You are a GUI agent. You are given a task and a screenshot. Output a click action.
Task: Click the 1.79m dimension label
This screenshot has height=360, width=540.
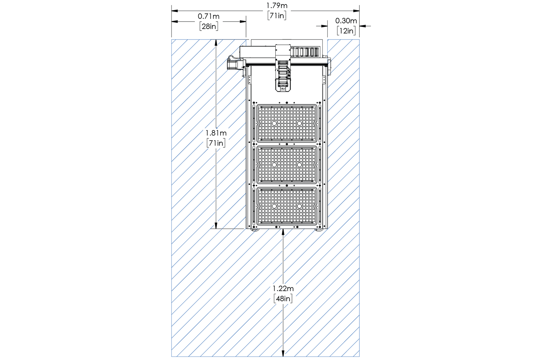277,6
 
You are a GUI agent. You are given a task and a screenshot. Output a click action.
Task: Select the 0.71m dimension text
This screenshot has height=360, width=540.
208,16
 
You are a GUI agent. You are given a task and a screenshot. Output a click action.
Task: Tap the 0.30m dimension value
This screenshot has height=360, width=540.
346,21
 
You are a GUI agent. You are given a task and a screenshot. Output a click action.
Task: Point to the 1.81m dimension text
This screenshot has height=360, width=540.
216,133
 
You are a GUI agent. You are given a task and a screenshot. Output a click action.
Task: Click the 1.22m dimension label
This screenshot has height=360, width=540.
283,289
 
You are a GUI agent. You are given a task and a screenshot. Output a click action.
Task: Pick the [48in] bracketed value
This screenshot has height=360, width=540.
283,299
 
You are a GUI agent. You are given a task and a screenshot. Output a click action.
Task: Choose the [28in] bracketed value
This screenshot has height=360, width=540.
209,26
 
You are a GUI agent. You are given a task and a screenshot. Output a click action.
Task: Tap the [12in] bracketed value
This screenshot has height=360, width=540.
346,31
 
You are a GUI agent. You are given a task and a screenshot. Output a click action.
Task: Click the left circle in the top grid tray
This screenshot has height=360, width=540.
274,124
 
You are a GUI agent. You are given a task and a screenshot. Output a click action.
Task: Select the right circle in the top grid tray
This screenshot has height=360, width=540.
299,124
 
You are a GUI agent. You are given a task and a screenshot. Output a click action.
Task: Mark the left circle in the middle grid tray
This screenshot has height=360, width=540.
274,165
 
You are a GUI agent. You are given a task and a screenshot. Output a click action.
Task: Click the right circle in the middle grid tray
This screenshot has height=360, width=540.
299,165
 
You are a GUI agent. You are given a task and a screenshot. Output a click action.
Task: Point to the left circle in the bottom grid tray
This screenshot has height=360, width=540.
274,206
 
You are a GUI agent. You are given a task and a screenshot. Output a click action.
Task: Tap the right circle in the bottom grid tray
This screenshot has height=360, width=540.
299,206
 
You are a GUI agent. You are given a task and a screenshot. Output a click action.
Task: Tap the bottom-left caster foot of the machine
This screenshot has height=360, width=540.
255,230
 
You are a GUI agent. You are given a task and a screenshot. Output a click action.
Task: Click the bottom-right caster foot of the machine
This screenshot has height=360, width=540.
319,230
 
